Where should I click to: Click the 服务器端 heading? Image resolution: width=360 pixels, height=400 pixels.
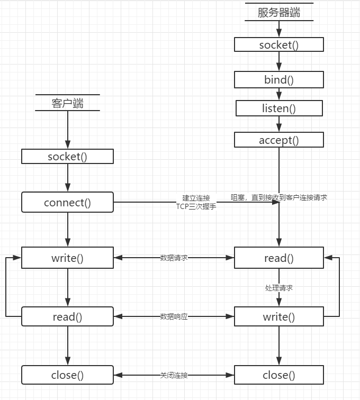(279, 12)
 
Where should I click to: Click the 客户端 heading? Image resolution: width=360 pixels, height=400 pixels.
(67, 103)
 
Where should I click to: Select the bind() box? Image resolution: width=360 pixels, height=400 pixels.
(279, 79)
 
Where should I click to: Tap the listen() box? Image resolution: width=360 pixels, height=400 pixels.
(279, 108)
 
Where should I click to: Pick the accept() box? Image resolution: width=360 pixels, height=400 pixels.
(279, 140)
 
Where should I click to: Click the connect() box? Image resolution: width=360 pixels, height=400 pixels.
(67, 202)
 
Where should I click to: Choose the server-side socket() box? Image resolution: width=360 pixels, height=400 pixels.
(279, 44)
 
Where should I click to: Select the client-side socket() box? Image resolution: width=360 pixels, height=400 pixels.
(67, 156)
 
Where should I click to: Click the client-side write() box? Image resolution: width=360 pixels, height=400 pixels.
(67, 258)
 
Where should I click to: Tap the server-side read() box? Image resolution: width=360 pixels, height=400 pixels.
(279, 258)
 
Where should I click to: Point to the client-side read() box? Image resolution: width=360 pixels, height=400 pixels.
(67, 316)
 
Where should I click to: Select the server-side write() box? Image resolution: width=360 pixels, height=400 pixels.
(279, 316)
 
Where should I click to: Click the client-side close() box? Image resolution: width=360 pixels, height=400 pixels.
(67, 375)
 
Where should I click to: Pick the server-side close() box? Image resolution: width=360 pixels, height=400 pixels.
(279, 375)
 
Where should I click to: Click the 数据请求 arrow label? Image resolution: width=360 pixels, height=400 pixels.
(174, 258)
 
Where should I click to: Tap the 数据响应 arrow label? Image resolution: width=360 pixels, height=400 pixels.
(174, 316)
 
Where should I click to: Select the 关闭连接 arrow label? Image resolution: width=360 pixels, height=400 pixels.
(174, 375)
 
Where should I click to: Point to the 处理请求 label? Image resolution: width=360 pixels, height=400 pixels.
(279, 288)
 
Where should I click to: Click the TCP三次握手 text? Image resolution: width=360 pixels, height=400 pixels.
(196, 207)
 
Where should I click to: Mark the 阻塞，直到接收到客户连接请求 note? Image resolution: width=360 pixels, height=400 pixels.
(279, 197)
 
